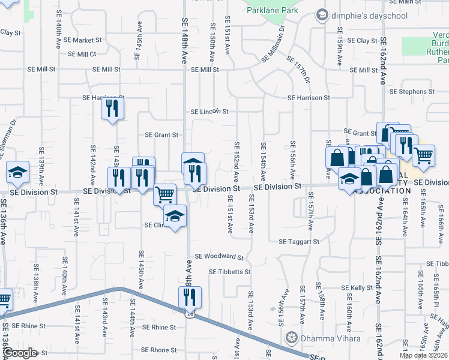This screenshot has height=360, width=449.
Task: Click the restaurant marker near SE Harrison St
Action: [112, 109]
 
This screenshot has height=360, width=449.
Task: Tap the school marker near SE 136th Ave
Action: [17, 172]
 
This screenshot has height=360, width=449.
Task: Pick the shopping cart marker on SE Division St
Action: [165, 194]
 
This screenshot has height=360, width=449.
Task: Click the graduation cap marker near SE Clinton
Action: [175, 217]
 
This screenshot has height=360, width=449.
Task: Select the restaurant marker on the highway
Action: [190, 296]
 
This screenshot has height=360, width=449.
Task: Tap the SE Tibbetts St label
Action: [229, 272]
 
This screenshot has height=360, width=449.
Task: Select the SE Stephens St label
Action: [412, 92]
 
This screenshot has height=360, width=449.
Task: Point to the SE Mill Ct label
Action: [82, 54]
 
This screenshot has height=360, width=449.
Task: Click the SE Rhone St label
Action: [158, 350]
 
